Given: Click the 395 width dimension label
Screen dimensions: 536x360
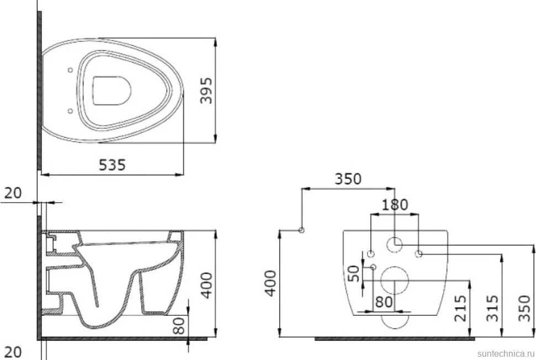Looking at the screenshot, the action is tap(206, 91).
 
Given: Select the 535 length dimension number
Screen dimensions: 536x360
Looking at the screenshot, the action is tap(112, 165).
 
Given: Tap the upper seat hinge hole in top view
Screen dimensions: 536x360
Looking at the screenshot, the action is tap(70, 70).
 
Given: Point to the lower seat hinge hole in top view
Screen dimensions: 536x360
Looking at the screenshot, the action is tap(70, 111).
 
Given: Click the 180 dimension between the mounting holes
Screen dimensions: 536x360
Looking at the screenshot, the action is tap(395, 205).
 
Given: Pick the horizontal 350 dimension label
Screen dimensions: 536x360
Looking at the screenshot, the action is tap(348, 179).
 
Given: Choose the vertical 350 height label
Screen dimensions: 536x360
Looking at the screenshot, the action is tap(524, 308).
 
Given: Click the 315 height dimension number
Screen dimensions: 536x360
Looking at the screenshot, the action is tap(492, 308).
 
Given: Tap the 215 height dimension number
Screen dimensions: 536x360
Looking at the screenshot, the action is tap(460, 308).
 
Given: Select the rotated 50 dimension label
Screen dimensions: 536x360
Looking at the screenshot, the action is tap(354, 273).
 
